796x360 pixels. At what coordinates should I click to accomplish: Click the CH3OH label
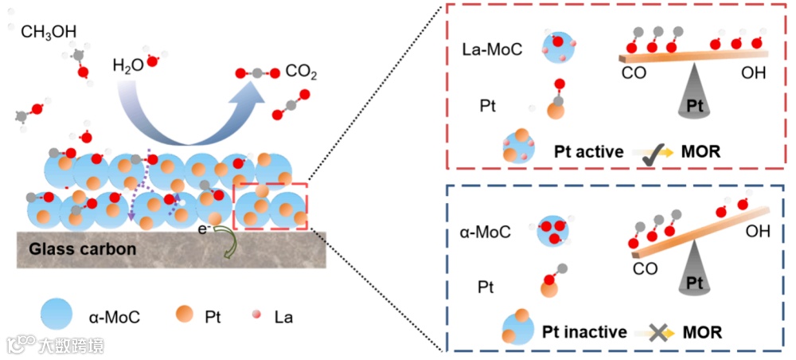49,32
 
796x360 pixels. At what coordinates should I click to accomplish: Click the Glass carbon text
83,249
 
